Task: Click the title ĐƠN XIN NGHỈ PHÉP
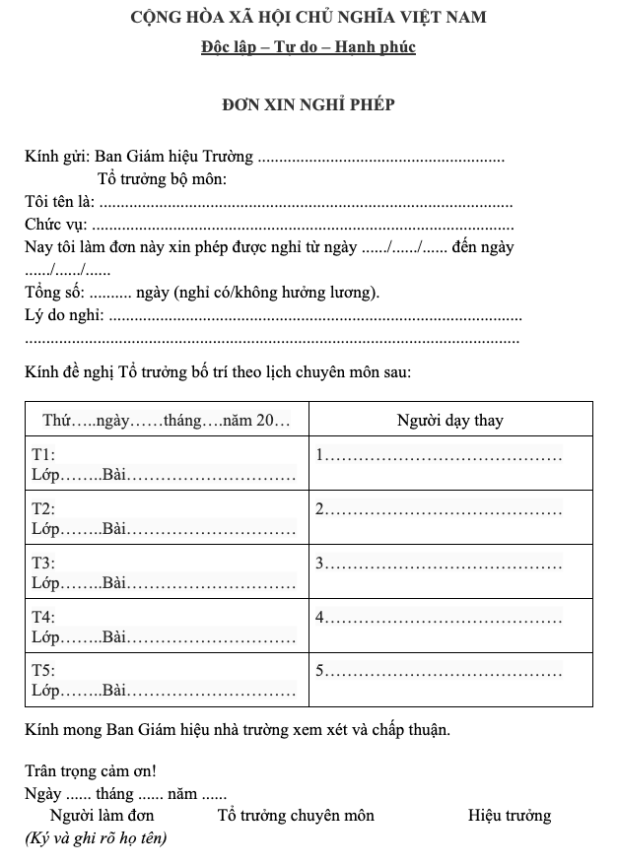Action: [308, 104]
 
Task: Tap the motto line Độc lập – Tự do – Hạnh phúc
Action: [308, 46]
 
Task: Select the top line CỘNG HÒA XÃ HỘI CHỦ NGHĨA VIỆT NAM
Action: [308, 17]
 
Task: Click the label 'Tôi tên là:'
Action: [59, 202]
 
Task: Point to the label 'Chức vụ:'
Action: [55, 225]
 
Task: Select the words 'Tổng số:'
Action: [55, 293]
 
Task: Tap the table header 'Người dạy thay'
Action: [450, 421]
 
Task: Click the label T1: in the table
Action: [44, 455]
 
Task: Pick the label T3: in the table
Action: [44, 564]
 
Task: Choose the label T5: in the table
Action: [44, 670]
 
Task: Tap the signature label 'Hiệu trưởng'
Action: [510, 816]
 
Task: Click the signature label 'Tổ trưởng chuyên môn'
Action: [296, 816]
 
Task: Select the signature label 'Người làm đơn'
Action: [103, 816]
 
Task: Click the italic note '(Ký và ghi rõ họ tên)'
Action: [96, 838]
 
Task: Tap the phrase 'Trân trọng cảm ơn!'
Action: [91, 771]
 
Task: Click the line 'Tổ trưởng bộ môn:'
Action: [164, 179]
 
